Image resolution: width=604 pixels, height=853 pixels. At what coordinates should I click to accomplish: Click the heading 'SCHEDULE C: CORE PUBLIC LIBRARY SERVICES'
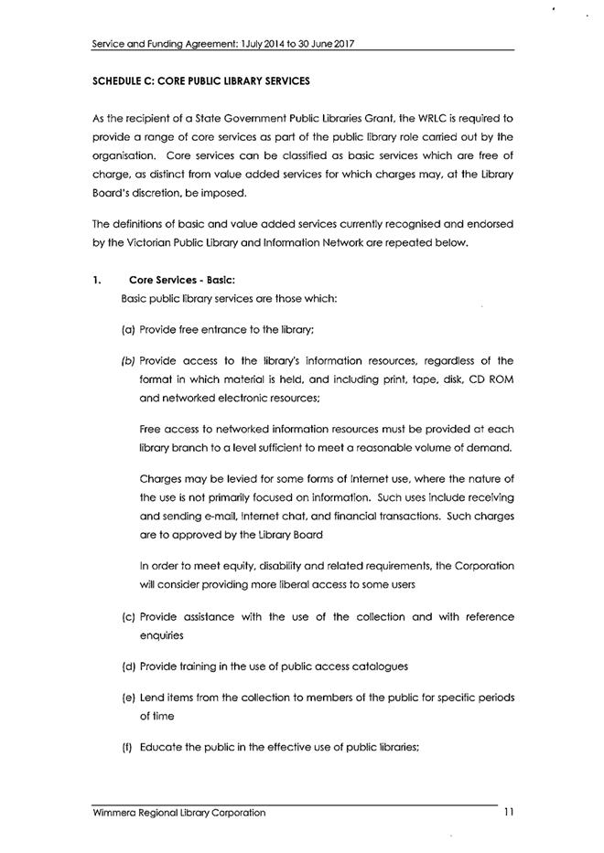201,81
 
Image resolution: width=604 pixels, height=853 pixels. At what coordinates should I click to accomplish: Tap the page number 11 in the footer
508,811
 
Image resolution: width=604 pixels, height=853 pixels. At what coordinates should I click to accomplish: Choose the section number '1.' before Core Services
97,281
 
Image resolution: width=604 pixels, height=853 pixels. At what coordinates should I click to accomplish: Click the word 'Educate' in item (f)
162,748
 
